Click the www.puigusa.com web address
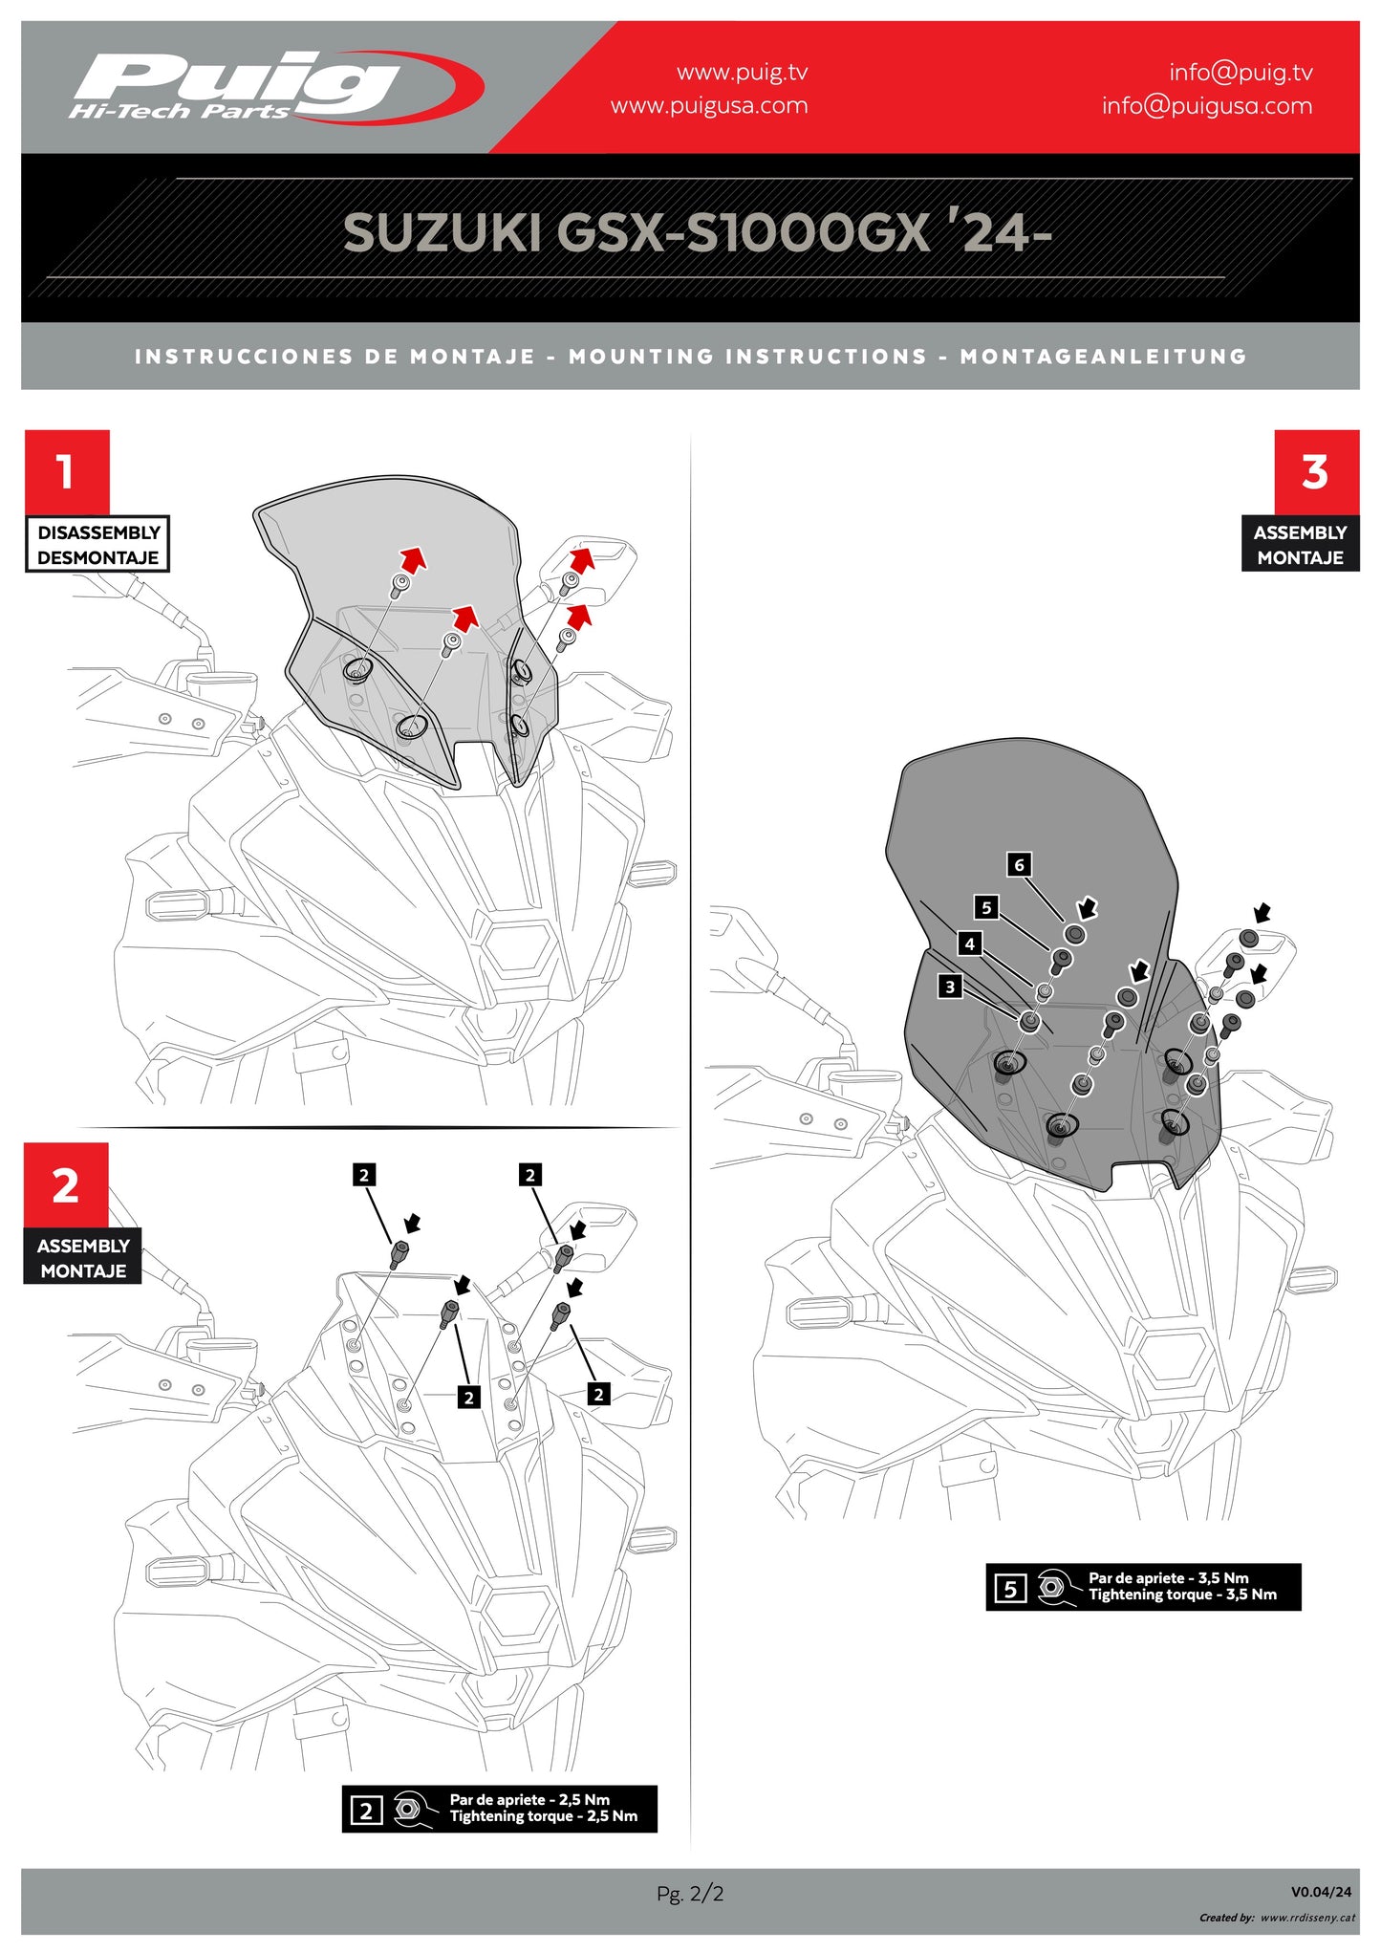tap(709, 106)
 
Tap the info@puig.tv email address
tap(1241, 73)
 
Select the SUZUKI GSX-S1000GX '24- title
tap(697, 232)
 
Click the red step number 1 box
tap(67, 471)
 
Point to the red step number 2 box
tap(66, 1185)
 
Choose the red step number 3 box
tap(1316, 471)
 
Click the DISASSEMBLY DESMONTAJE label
tap(97, 545)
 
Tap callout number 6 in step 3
tap(1019, 865)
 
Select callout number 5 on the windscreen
tap(986, 907)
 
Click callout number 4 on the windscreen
tap(969, 944)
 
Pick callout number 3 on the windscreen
tap(949, 987)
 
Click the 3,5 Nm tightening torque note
tap(1181, 1586)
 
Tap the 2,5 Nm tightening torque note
tap(542, 1808)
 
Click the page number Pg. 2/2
tap(690, 1893)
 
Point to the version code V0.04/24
tap(1321, 1891)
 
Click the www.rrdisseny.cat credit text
tap(1306, 1917)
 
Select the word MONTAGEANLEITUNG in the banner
tap(1104, 357)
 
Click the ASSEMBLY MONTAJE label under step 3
tap(1300, 545)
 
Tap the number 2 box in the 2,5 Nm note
tap(366, 1810)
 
